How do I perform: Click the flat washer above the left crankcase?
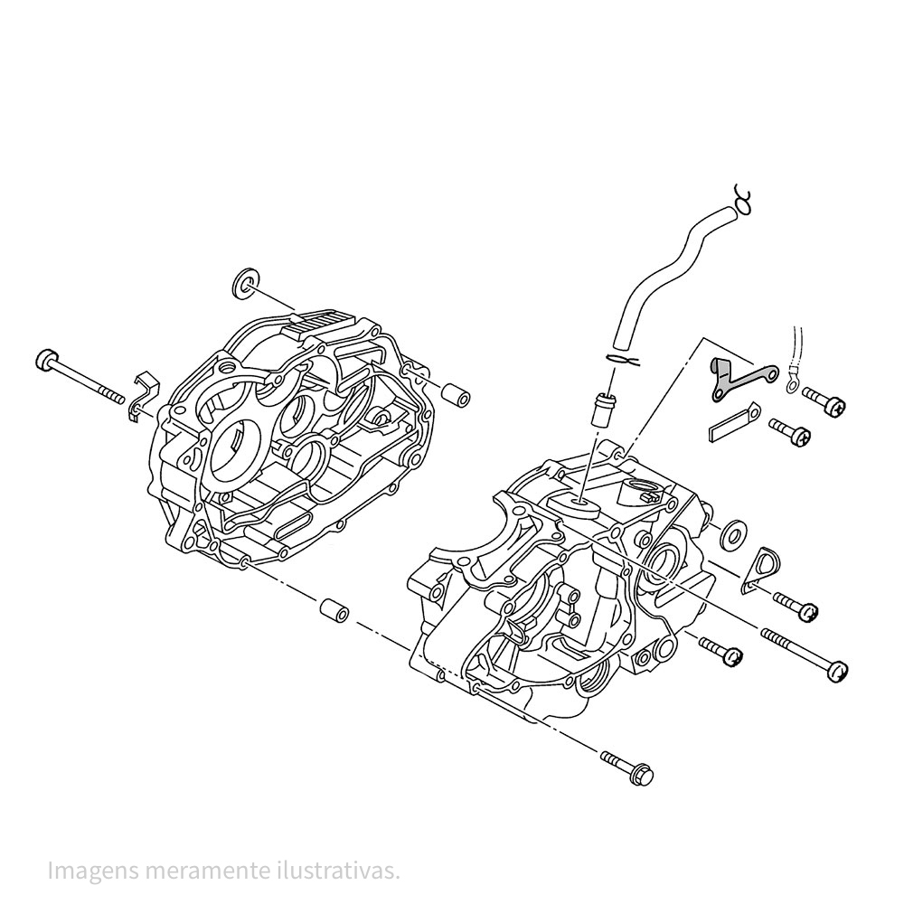click(x=244, y=283)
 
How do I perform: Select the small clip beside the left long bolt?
click(x=142, y=395)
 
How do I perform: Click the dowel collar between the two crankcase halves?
click(x=332, y=611)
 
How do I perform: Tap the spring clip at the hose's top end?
click(x=743, y=198)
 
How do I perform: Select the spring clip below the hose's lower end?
click(x=624, y=361)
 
